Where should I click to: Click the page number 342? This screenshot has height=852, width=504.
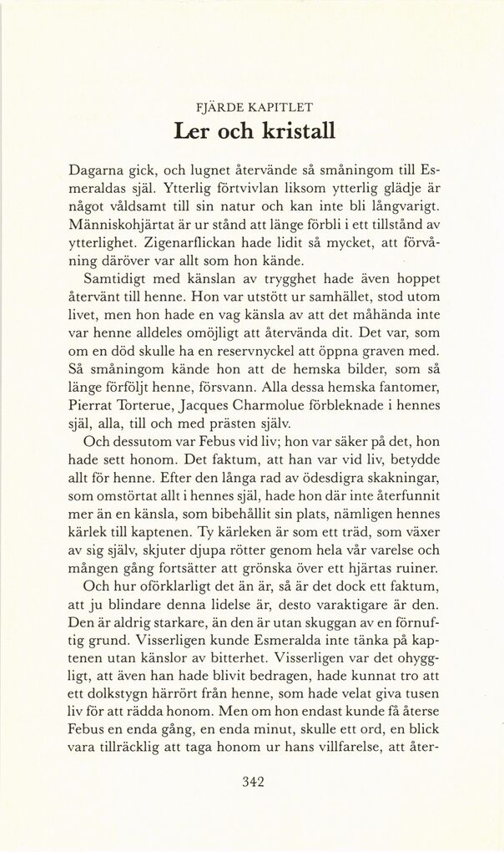pos(252,782)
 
